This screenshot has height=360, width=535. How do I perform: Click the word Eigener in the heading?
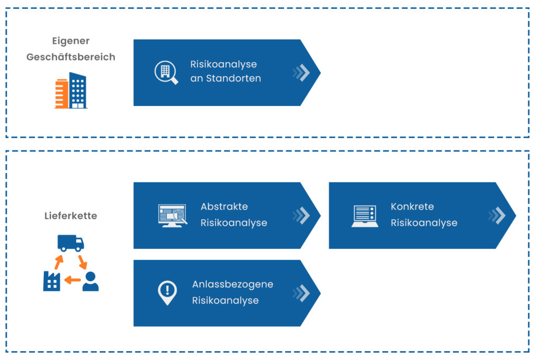tap(71, 41)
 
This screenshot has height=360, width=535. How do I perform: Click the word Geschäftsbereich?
tap(71, 56)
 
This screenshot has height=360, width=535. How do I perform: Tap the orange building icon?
tap(62, 94)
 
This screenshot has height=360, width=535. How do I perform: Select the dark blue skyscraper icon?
tap(78, 90)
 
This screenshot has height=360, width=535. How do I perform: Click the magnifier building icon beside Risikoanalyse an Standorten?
tap(166, 72)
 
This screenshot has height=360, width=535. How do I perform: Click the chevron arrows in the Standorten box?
tap(301, 72)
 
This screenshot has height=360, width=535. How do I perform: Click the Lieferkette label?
tap(71, 216)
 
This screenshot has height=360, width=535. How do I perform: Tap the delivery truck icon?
tap(71, 243)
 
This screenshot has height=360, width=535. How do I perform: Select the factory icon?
tap(52, 281)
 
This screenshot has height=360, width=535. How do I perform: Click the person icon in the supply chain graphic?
tap(90, 281)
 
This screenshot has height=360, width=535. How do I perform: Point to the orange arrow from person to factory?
tap(72, 280)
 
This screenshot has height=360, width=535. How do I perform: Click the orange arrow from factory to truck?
tap(59, 262)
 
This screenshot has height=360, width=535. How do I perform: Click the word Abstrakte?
tap(224, 206)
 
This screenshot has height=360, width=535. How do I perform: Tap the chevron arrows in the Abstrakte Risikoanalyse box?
tap(301, 216)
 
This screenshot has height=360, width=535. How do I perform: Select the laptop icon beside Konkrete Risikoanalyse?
tap(365, 216)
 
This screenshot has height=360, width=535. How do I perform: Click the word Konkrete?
tap(412, 206)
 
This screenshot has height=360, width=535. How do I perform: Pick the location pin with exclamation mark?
tap(167, 293)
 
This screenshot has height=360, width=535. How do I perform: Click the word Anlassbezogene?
tap(232, 285)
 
